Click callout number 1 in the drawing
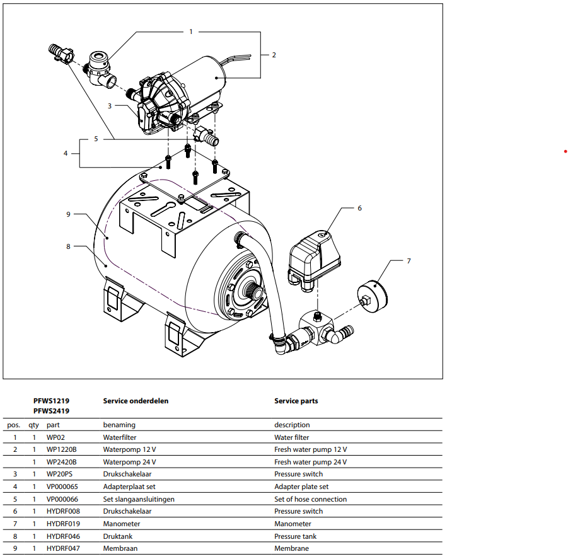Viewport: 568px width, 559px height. (191, 31)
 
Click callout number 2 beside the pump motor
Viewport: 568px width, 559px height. (274, 55)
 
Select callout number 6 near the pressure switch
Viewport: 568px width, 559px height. (359, 208)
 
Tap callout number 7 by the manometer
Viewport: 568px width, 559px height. (409, 260)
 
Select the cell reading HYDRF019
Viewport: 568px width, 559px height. (63, 524)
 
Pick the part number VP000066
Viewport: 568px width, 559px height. (63, 499)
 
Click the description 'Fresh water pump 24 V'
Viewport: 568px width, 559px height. (310, 462)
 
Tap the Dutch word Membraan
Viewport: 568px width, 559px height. (120, 548)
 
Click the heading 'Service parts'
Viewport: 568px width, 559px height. (296, 401)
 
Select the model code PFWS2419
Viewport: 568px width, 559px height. (51, 411)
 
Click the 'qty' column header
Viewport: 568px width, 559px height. (34, 425)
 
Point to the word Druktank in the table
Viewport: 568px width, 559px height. (117, 536)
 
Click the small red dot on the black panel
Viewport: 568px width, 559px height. (565, 152)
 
